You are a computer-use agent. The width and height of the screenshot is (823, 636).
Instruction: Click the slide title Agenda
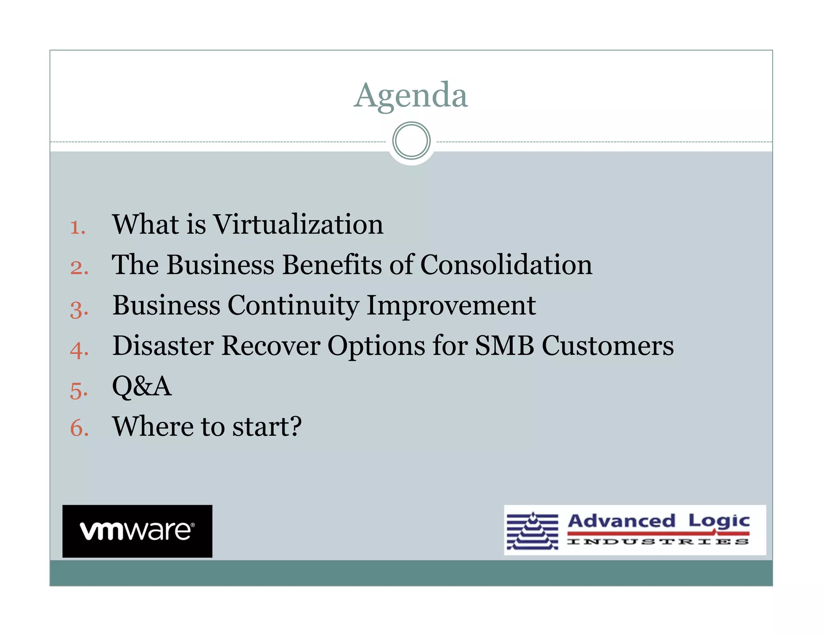pyautogui.click(x=411, y=95)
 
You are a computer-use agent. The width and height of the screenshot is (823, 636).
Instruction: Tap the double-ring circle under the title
pyautogui.click(x=411, y=141)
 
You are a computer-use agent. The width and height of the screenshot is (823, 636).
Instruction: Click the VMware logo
pyautogui.click(x=137, y=531)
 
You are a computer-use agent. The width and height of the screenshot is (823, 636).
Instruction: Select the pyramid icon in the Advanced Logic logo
pyautogui.click(x=532, y=531)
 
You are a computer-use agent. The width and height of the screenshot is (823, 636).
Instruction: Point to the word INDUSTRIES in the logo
pyautogui.click(x=658, y=542)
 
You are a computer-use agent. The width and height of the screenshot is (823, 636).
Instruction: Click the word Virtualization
pyautogui.click(x=298, y=224)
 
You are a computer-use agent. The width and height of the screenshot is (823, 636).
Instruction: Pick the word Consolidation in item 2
pyautogui.click(x=506, y=265)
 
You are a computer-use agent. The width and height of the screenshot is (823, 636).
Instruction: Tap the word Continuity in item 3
pyautogui.click(x=293, y=306)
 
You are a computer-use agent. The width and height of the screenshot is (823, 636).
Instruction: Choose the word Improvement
pyautogui.click(x=451, y=306)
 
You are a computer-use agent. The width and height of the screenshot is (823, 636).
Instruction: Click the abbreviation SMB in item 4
pyautogui.click(x=504, y=346)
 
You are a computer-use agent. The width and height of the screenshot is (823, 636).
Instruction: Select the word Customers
pyautogui.click(x=608, y=346)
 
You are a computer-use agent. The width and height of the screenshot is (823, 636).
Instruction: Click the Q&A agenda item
pyautogui.click(x=142, y=386)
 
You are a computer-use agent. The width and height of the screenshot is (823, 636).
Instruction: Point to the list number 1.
pyautogui.click(x=77, y=228)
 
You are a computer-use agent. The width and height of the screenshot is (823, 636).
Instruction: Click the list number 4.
pyautogui.click(x=79, y=349)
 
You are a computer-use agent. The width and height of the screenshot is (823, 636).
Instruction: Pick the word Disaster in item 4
pyautogui.click(x=163, y=346)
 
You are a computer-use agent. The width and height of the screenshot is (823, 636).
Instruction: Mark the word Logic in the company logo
pyautogui.click(x=719, y=521)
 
